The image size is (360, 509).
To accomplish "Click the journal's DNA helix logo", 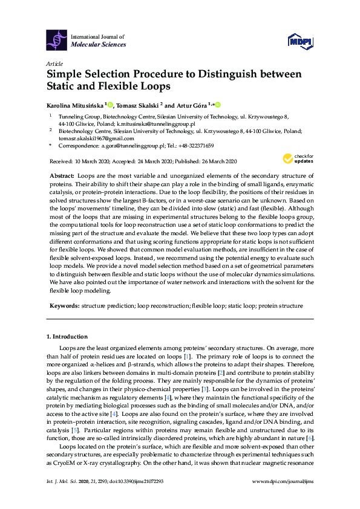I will (x=57, y=41).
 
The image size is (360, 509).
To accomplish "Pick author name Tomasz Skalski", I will (x=141, y=105).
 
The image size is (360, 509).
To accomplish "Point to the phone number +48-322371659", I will (x=192, y=146).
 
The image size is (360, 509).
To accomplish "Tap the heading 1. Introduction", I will (x=67, y=336).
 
